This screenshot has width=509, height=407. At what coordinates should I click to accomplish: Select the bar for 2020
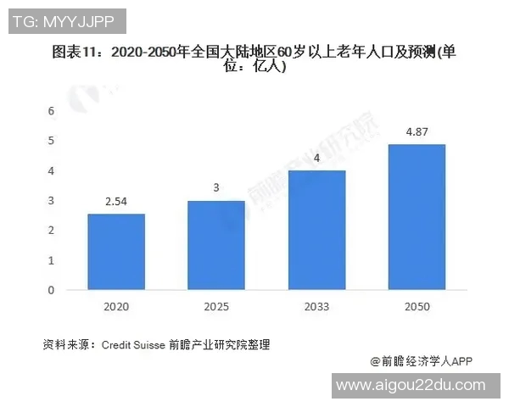[x=115, y=252]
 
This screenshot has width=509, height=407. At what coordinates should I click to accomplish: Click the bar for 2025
[x=215, y=245]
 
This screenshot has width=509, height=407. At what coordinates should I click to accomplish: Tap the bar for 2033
[x=316, y=230]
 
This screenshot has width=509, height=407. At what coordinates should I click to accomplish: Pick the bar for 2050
[x=417, y=217]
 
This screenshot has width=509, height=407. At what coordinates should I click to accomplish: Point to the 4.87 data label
[x=417, y=133]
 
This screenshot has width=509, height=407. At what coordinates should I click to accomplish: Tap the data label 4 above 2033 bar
[x=316, y=159]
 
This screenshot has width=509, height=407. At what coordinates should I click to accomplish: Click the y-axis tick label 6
[x=51, y=111]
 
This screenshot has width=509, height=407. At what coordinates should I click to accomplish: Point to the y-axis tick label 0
[x=51, y=290]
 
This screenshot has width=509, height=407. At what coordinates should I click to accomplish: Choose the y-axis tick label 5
[x=51, y=141]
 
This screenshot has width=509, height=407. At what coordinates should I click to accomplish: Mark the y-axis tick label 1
[x=51, y=260]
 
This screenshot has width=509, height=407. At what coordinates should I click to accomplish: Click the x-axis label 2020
[x=115, y=306]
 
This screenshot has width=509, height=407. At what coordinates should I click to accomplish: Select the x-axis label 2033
[x=316, y=306]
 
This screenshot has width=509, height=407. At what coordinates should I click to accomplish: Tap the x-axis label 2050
[x=417, y=306]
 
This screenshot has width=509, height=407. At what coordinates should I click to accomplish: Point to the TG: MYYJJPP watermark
[x=67, y=20]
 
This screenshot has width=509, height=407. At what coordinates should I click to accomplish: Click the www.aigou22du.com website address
[x=411, y=386]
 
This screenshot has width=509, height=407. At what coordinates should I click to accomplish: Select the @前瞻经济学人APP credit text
[x=433, y=361]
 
